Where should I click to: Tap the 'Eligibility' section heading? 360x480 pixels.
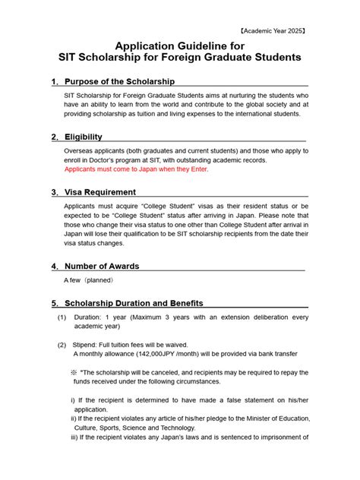(84, 137)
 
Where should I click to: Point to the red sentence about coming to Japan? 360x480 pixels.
(136, 169)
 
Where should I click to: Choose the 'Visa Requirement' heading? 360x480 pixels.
(100, 192)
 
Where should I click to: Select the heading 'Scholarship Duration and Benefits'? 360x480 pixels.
(134, 303)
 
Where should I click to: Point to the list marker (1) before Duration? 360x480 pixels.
(62, 317)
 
